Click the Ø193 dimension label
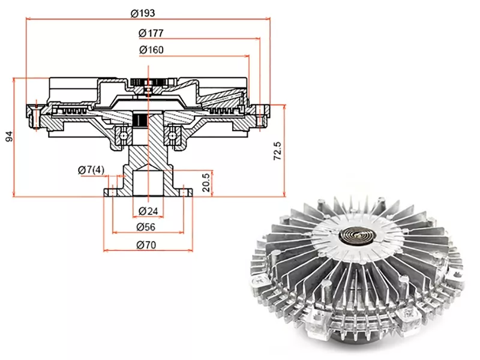(142, 13)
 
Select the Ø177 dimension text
(151, 33)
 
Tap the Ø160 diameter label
(151, 50)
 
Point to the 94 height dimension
(10, 136)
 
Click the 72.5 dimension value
(277, 151)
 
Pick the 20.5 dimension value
(206, 183)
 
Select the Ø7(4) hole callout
(91, 170)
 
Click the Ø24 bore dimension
(148, 211)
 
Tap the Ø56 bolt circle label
(146, 227)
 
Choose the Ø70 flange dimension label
(146, 245)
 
